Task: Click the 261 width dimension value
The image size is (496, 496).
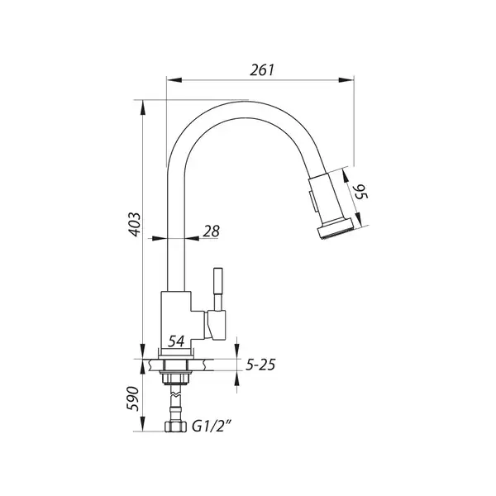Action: (262, 70)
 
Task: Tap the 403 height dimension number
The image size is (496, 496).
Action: (135, 224)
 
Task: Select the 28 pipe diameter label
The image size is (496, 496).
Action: (211, 231)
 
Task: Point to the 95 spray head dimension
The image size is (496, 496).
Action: (360, 193)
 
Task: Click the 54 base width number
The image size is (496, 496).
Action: (176, 341)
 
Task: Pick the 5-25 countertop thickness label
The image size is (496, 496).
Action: (260, 365)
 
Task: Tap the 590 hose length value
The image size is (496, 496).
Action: (133, 398)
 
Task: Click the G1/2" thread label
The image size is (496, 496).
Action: (212, 427)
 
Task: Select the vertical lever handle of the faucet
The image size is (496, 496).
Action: (218, 289)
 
